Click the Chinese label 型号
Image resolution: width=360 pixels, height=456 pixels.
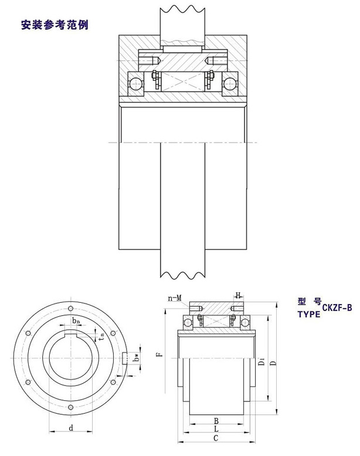click(310, 302)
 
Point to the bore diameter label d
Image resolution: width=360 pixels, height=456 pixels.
click(71, 428)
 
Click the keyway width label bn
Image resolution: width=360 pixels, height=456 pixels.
click(76, 321)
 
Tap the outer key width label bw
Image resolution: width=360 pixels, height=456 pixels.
click(136, 356)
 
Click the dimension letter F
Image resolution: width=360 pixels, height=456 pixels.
click(159, 354)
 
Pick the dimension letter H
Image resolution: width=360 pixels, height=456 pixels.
click(238, 296)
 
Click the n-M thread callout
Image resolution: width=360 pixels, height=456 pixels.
click(175, 298)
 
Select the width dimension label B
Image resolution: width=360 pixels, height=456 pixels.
click(216, 421)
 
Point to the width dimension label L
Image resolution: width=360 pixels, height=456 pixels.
click(216, 430)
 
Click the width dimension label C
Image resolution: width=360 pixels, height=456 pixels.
click(216, 438)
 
